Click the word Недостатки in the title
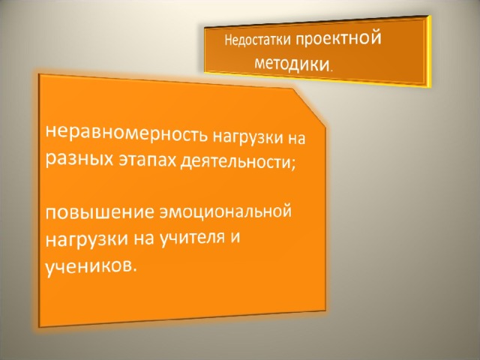coord(257,40)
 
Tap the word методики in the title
coord(292,64)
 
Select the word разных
coord(79,160)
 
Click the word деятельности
coord(235,162)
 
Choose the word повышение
coord(99,211)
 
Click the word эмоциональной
coord(225,211)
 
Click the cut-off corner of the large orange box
coord(309,107)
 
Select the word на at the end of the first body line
coord(297,139)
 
